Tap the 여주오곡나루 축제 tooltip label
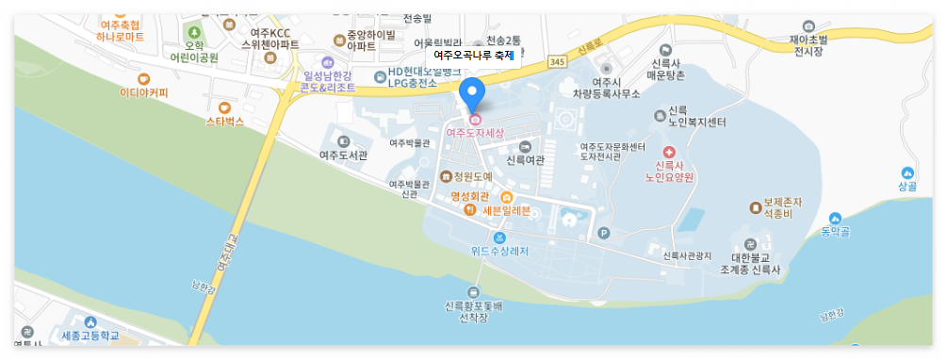(473, 56)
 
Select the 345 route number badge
(558, 61)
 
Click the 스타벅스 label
(224, 122)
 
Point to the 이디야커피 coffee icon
(143, 79)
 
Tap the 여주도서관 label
(343, 155)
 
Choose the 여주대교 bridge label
(224, 253)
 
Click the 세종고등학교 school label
(90, 335)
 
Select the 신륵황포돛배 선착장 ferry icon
(473, 292)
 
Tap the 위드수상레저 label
(499, 251)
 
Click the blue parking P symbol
(604, 233)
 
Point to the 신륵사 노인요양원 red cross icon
(669, 152)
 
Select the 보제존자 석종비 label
(782, 207)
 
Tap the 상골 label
(906, 186)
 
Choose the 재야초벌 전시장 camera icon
(808, 25)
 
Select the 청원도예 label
(473, 176)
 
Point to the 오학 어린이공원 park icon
(195, 33)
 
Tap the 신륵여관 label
(525, 160)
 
